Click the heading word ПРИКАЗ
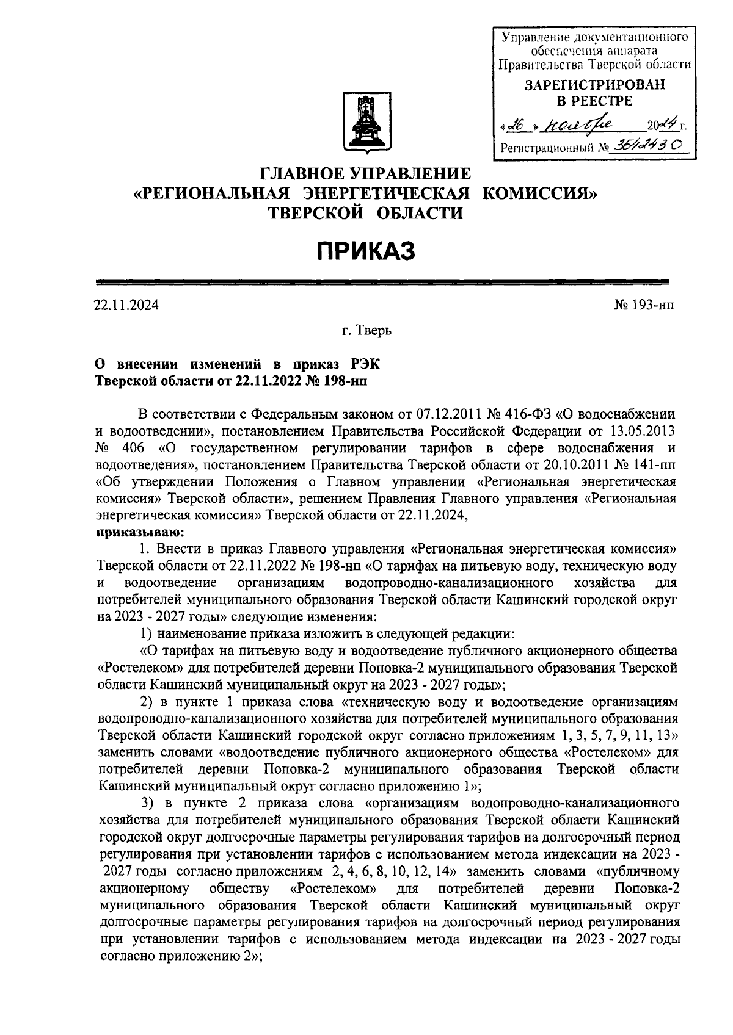tap(365, 251)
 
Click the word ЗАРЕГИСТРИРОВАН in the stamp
tap(594, 85)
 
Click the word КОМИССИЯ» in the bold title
tap(540, 193)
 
